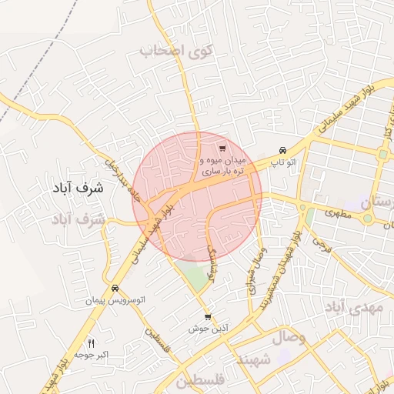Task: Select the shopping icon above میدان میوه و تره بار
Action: click(222, 148)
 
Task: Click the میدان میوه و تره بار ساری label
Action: click(222, 167)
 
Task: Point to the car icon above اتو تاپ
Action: click(283, 150)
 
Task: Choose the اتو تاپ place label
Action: click(285, 162)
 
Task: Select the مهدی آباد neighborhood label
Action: click(354, 308)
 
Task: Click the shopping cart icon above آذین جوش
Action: click(208, 316)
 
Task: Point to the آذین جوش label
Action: click(209, 329)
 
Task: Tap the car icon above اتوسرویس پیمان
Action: click(115, 288)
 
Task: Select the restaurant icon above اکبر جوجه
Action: click(92, 343)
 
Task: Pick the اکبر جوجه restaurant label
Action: click(92, 356)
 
